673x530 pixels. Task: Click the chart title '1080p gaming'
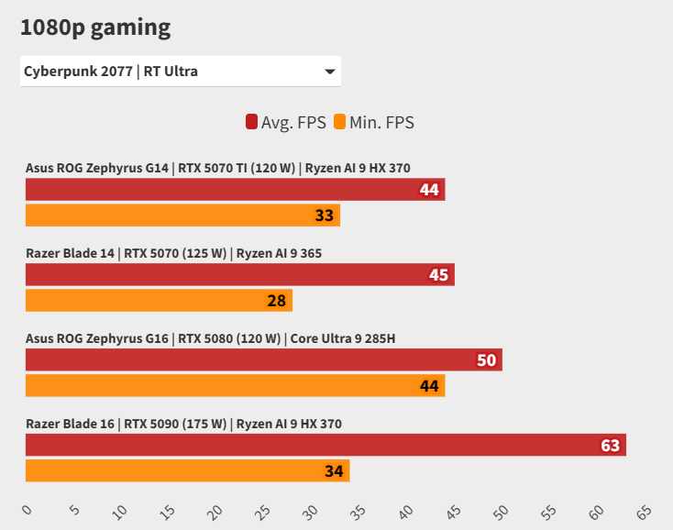click(95, 28)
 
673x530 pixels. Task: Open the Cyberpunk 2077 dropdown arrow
click(329, 72)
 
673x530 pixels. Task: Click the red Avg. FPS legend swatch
click(251, 122)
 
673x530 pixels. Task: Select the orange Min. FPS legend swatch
click(339, 122)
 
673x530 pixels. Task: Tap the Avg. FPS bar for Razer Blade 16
click(325, 446)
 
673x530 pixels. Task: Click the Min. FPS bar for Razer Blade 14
click(159, 301)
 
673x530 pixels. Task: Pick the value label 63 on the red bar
click(610, 446)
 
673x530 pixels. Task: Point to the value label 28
click(277, 301)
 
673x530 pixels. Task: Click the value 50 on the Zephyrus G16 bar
click(486, 360)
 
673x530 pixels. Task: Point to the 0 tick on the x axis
click(26, 510)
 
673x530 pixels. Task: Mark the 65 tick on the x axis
click(644, 510)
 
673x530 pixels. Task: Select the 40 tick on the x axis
click(406, 510)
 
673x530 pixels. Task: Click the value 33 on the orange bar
click(325, 215)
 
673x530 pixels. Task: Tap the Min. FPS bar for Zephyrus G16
click(235, 386)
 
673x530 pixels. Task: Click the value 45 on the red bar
click(438, 275)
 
